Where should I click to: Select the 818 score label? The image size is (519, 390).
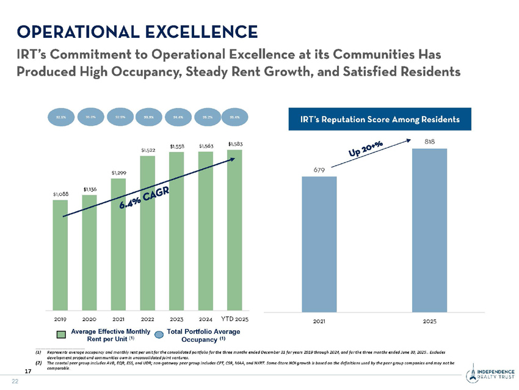[x=430, y=142]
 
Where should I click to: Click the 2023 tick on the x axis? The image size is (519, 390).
[x=176, y=319]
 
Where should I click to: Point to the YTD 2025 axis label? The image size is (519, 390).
[x=234, y=319]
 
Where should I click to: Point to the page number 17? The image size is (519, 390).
[x=28, y=370]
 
